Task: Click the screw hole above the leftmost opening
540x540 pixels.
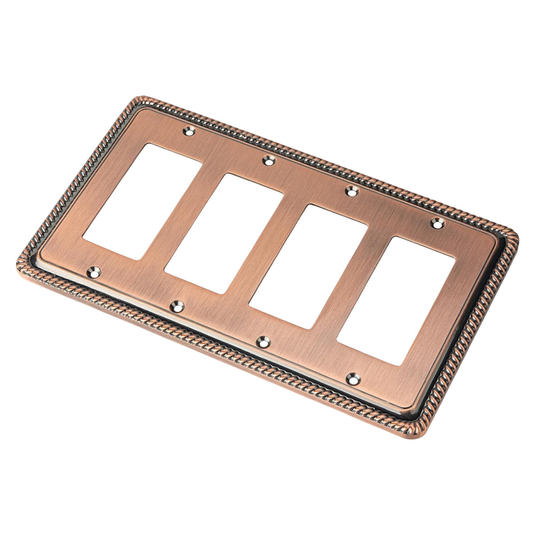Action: [x=189, y=132]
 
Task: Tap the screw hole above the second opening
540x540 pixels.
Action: [x=269, y=160]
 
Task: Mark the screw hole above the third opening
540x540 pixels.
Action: [x=351, y=191]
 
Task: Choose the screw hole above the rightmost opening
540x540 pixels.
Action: [x=436, y=222]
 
